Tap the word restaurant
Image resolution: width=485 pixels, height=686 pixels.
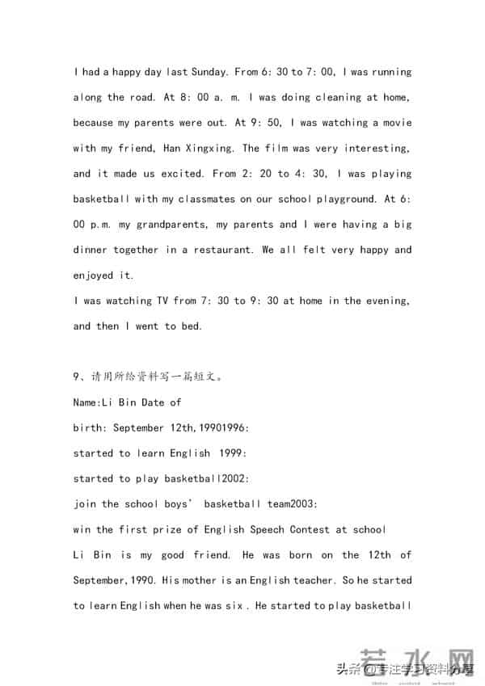219,250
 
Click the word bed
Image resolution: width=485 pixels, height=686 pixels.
193,326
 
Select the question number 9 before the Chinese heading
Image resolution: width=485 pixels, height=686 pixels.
76,377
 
